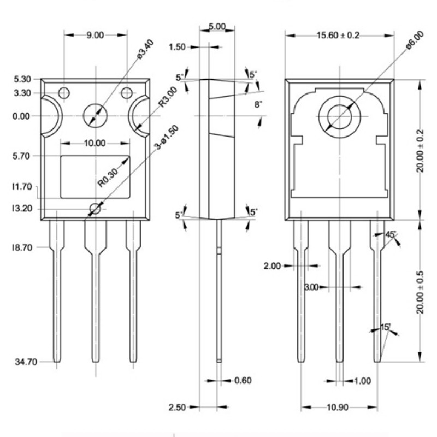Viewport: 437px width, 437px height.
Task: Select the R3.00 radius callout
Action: (x=167, y=96)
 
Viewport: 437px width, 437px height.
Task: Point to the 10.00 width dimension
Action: (x=95, y=144)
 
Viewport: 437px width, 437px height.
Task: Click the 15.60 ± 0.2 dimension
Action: (x=339, y=36)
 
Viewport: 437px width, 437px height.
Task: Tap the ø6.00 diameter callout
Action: (x=414, y=43)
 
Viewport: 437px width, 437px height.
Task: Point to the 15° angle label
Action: (x=386, y=327)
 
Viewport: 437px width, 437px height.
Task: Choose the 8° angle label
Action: (x=258, y=104)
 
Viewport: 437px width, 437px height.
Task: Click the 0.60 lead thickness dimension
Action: (x=243, y=381)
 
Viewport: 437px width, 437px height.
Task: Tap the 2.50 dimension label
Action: (x=178, y=408)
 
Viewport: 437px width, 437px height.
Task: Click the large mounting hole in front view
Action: (x=96, y=115)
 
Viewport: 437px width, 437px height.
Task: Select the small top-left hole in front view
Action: (x=64, y=93)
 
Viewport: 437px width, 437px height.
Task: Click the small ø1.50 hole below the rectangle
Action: (x=96, y=209)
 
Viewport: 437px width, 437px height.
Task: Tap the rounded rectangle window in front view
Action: (x=95, y=177)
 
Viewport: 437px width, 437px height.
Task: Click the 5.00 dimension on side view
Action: (x=221, y=26)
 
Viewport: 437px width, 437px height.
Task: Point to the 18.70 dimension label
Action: (x=22, y=247)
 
